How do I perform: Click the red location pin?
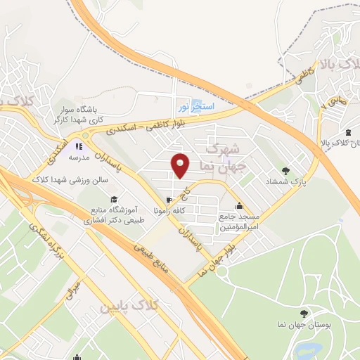(x=181, y=166)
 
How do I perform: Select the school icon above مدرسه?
(x=79, y=146)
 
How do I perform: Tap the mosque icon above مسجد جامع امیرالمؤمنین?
(x=240, y=206)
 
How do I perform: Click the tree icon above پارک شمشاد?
(x=285, y=170)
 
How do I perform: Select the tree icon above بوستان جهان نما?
(x=303, y=313)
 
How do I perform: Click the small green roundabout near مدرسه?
(x=86, y=134)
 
